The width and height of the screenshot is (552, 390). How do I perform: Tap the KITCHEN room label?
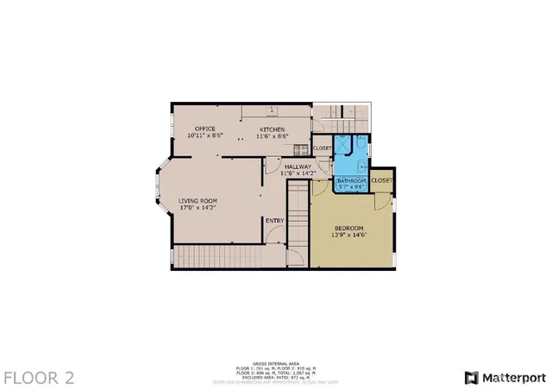273,129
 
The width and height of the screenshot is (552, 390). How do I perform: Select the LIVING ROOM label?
196,201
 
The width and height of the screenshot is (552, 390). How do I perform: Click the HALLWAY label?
298,166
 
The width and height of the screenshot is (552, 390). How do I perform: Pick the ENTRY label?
274,220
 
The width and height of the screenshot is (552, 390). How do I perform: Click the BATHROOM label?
352,180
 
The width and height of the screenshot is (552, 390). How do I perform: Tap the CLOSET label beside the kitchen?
322,148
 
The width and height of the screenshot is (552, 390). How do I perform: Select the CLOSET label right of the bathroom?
382,180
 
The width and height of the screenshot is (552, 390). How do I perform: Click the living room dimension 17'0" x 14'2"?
196,208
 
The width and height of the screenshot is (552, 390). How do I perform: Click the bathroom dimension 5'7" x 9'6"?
352,186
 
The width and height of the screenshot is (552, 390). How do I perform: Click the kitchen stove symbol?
271,110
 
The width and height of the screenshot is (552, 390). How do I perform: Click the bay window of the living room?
162,190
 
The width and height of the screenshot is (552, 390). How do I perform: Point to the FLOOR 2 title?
39,377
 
